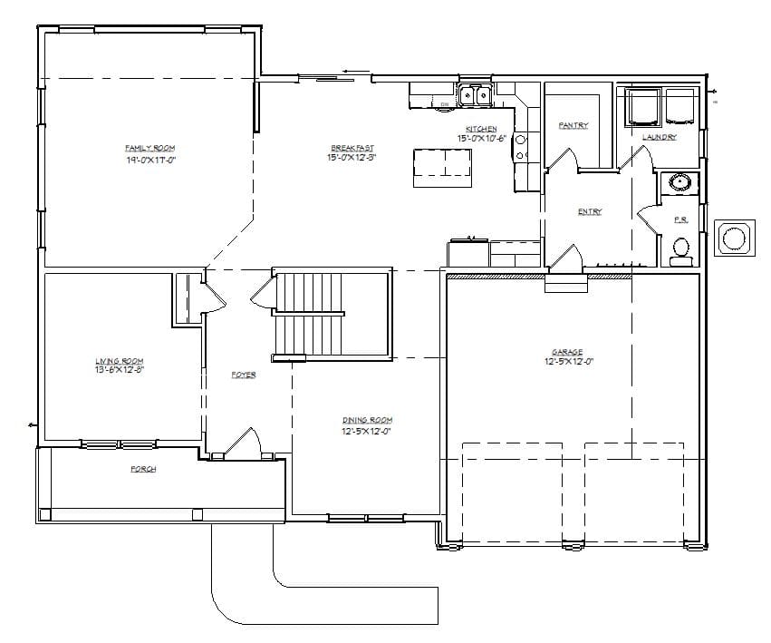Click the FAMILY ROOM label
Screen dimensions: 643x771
149,148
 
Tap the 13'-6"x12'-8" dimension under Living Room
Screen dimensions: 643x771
120,370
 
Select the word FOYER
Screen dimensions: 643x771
243,375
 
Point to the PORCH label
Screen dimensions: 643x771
143,469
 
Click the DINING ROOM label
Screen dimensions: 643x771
367,420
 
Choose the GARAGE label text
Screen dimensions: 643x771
567,352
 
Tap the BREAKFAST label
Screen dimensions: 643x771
352,148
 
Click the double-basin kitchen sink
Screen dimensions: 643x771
474,94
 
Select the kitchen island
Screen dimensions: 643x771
443,168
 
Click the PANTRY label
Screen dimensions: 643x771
573,125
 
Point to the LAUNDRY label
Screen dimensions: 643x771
659,137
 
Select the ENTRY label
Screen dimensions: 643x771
590,211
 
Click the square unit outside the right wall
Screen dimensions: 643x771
732,238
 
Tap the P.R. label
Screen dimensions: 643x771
680,219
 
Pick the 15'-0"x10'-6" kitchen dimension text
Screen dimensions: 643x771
480,139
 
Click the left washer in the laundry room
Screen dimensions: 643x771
644,106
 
